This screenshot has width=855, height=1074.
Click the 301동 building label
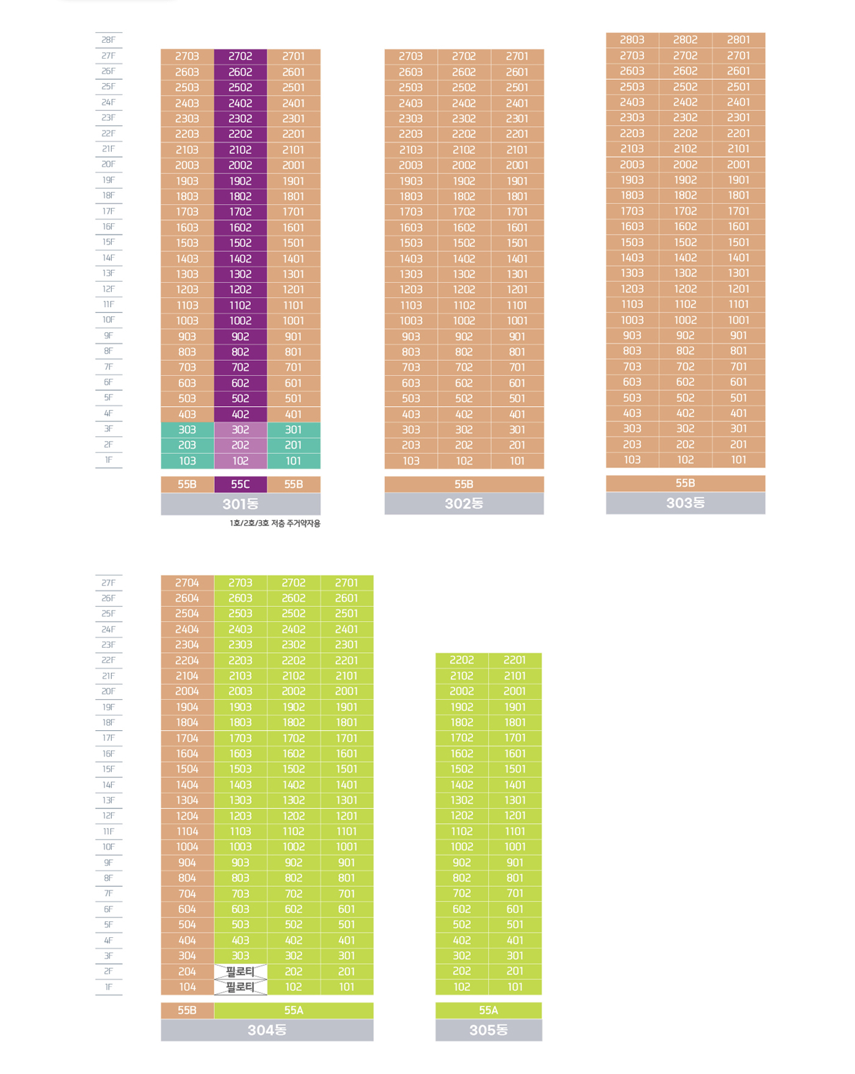(x=240, y=504)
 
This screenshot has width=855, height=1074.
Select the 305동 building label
(x=489, y=1030)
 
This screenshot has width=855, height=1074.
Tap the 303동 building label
(x=685, y=503)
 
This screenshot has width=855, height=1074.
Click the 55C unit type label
(x=240, y=484)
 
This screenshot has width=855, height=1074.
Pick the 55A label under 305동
(x=489, y=1011)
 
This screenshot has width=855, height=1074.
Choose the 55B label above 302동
(x=464, y=484)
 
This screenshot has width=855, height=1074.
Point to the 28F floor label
(x=109, y=40)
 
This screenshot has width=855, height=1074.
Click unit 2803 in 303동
(x=632, y=40)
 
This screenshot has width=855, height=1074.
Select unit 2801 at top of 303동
(x=738, y=40)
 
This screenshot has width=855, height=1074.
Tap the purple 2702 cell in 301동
(x=240, y=56)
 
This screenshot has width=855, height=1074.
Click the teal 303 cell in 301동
(x=187, y=430)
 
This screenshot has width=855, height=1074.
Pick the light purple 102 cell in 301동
(x=240, y=461)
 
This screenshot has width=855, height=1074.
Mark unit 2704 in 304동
(x=187, y=582)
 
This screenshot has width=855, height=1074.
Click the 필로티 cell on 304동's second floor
(x=240, y=971)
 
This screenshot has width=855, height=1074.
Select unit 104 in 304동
(x=187, y=987)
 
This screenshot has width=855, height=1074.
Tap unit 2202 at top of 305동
(x=462, y=660)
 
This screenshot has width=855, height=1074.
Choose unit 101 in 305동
(x=515, y=987)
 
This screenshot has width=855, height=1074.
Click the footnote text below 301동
(x=275, y=523)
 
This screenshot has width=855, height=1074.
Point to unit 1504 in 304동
(x=187, y=769)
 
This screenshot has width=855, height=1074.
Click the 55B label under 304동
(x=187, y=1011)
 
